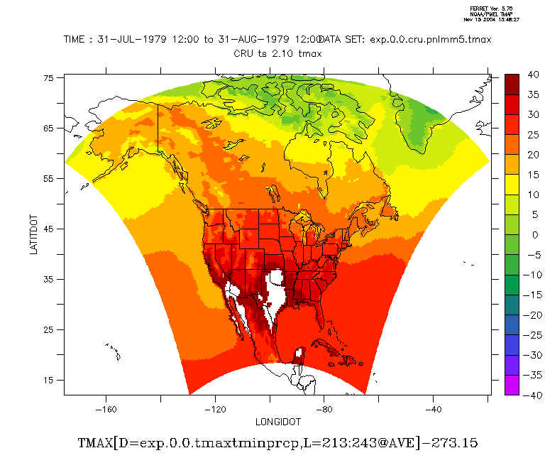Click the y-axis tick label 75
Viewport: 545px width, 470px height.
click(x=49, y=78)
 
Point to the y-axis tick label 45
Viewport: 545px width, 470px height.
click(x=49, y=229)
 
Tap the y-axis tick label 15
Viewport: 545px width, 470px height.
click(x=49, y=381)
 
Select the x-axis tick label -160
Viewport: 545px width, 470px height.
click(x=106, y=409)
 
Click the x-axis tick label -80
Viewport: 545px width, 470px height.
click(x=324, y=409)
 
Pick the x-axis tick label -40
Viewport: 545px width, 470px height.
click(x=434, y=409)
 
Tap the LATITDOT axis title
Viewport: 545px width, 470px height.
click(x=34, y=236)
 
